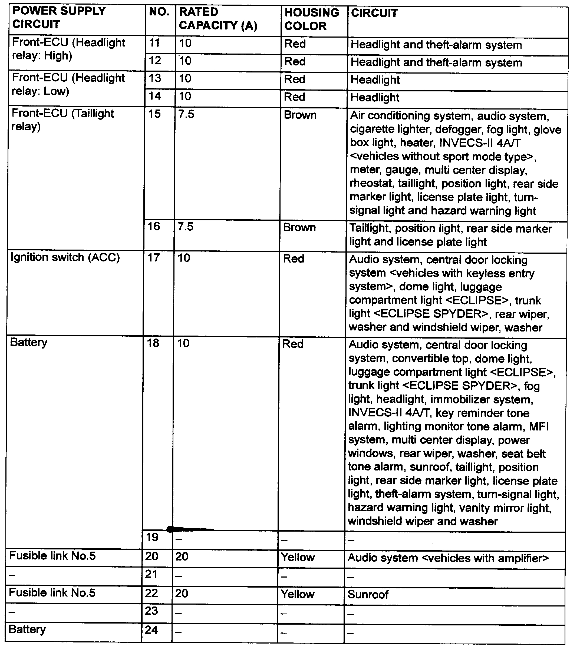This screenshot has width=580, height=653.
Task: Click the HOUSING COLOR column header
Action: click(312, 19)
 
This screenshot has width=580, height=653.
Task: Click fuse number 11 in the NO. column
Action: click(155, 43)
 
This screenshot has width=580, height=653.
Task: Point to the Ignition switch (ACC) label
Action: click(65, 257)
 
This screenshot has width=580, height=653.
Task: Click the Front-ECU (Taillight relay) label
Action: click(63, 120)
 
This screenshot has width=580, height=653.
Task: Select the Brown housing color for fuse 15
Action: click(300, 115)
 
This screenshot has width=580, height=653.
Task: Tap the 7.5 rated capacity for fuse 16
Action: click(186, 227)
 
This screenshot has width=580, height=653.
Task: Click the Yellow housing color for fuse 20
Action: click(298, 558)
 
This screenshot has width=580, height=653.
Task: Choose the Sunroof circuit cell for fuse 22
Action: click(368, 595)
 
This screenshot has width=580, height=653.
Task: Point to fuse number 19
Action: click(152, 537)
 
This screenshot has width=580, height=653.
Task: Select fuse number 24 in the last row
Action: click(151, 630)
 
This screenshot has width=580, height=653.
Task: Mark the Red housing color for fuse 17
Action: click(293, 259)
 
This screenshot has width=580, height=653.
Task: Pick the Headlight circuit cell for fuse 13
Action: click(375, 80)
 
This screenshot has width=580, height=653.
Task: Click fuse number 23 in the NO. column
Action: click(151, 611)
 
